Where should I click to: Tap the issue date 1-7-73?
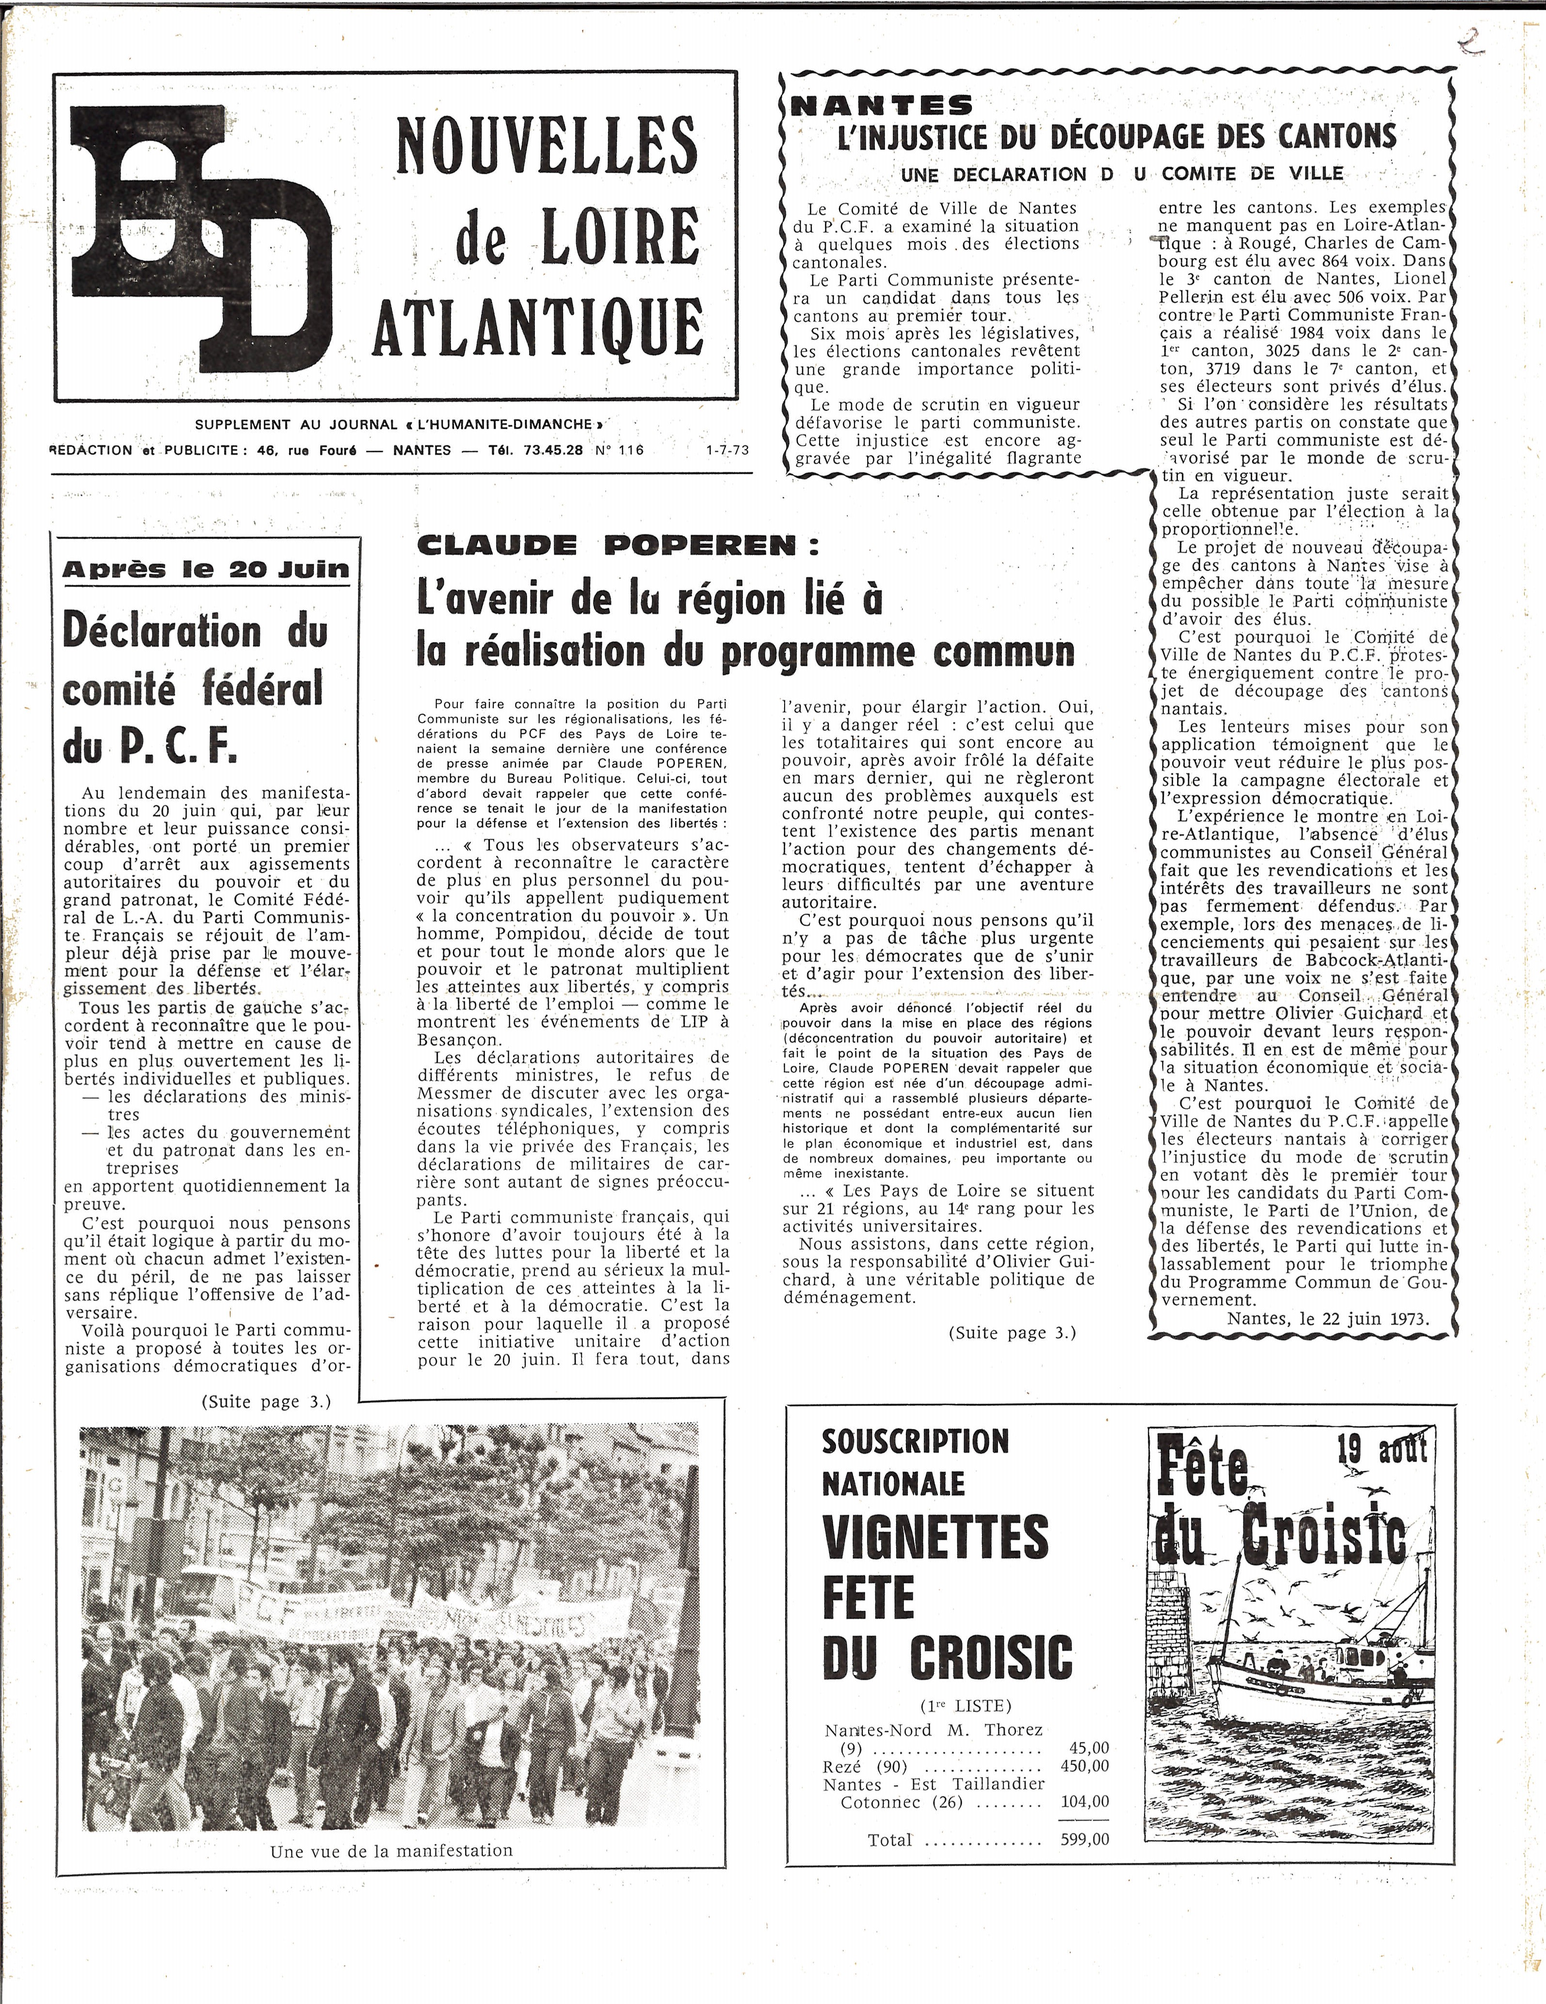[x=727, y=450]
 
